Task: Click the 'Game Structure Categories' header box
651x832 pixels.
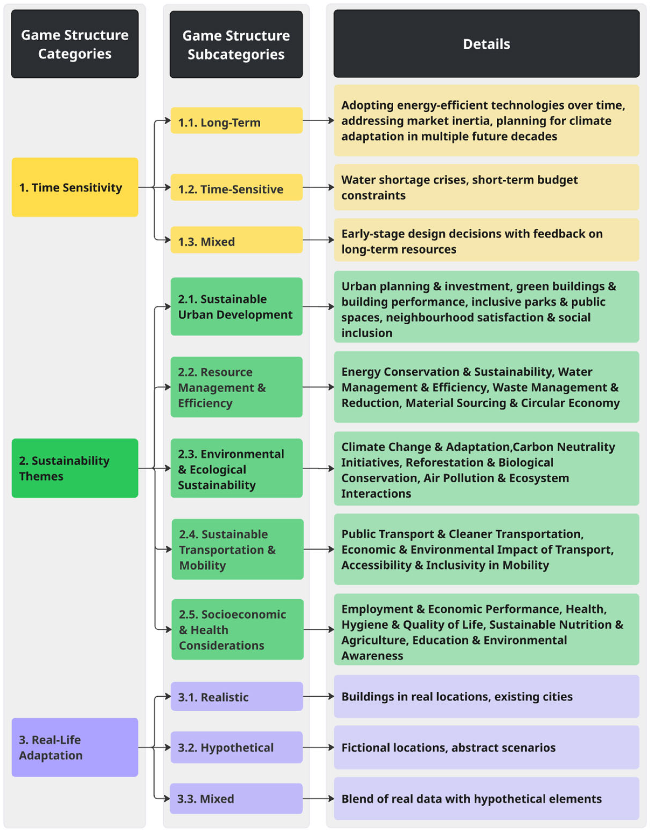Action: [75, 44]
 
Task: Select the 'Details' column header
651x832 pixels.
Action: [486, 44]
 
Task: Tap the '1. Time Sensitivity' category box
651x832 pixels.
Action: [75, 187]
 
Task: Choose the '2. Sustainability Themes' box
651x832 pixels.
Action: [75, 468]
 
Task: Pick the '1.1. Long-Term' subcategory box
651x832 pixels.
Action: [236, 121]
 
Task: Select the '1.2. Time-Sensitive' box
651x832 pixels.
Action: [236, 187]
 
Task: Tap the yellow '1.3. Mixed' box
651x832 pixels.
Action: [236, 240]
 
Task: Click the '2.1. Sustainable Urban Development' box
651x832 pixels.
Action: [236, 306]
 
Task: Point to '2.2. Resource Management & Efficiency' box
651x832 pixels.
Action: [236, 387]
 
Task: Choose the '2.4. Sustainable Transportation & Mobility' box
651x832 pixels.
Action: [237, 549]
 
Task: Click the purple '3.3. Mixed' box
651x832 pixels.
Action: [236, 799]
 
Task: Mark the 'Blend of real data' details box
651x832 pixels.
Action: [486, 799]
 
